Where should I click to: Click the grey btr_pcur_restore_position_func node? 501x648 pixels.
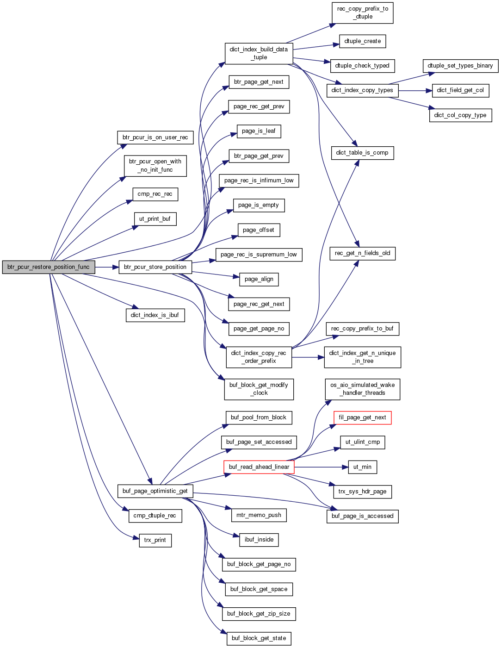click(49, 267)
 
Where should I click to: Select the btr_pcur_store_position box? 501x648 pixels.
click(155, 267)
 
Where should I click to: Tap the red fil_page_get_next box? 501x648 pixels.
click(362, 417)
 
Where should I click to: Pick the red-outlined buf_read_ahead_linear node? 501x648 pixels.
click(259, 467)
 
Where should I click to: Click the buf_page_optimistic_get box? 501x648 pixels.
click(155, 491)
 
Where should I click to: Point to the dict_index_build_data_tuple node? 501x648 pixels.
click(259, 53)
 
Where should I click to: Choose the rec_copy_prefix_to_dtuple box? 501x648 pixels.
click(362, 13)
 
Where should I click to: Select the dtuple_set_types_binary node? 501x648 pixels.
click(460, 66)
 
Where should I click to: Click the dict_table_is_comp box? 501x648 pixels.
click(362, 153)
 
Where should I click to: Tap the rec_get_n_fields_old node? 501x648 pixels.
click(362, 253)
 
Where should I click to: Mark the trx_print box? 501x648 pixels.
click(155, 540)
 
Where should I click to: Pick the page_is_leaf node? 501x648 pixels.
click(259, 131)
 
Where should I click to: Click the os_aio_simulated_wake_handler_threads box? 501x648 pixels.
click(362, 389)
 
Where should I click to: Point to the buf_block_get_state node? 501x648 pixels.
click(259, 638)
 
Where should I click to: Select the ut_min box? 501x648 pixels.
click(362, 467)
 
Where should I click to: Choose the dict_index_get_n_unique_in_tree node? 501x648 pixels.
click(362, 357)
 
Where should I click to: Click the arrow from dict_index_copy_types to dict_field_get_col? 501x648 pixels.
click(415, 90)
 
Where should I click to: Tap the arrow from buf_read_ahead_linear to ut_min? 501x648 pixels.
click(322, 467)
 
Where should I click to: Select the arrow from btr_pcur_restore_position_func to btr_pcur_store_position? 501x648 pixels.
click(107, 267)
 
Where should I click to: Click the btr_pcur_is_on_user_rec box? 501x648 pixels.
click(155, 137)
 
